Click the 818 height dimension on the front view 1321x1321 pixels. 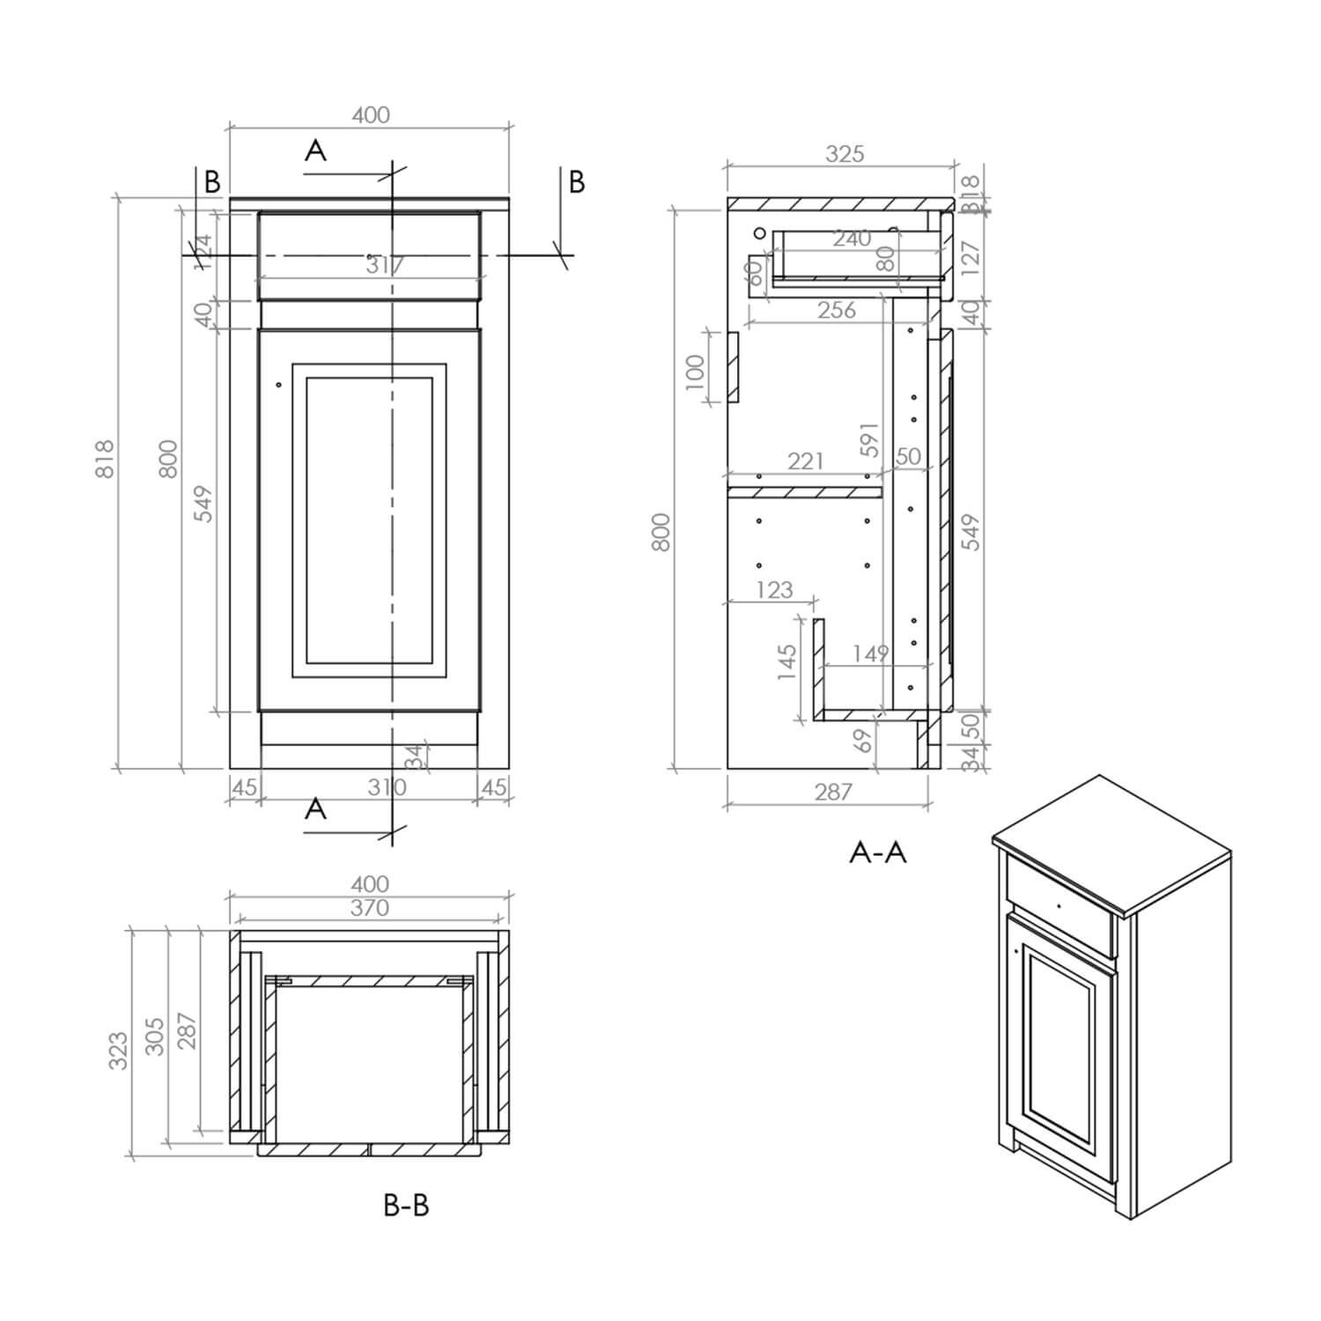click(104, 458)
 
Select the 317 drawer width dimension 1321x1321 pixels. click(385, 264)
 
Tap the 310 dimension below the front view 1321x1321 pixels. click(387, 786)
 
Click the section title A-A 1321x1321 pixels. click(877, 852)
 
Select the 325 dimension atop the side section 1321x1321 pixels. click(845, 154)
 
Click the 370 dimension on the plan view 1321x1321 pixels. click(369, 908)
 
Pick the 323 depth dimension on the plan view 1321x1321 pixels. click(118, 1051)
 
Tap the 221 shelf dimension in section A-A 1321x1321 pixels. click(805, 461)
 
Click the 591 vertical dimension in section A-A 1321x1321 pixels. click(869, 439)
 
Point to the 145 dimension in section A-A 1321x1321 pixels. click(787, 662)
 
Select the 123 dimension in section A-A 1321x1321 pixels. click(774, 589)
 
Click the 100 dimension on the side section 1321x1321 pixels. click(695, 371)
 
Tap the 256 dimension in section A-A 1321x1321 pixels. click(836, 310)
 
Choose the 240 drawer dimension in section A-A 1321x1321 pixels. click(852, 238)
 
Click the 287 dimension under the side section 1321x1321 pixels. click(832, 792)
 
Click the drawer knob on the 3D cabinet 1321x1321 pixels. click(1058, 904)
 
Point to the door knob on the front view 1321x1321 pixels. click(278, 384)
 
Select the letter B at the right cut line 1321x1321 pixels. click(577, 181)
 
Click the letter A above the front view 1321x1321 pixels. click(315, 151)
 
